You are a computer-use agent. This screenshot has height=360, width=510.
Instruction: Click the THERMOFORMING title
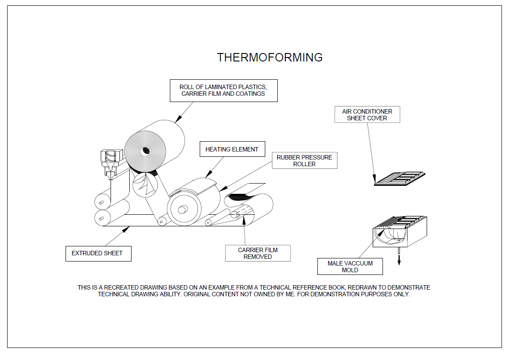(270, 57)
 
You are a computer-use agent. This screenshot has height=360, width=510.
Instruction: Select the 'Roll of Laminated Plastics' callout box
(223, 90)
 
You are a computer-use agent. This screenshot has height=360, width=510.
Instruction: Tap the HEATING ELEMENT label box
(232, 149)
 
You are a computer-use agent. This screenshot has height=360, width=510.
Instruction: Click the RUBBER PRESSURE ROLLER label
(304, 161)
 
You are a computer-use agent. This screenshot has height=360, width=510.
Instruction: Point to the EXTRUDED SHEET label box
(98, 253)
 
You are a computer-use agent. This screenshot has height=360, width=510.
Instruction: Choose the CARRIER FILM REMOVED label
(258, 253)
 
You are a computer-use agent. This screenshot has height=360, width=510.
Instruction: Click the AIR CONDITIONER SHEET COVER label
(367, 115)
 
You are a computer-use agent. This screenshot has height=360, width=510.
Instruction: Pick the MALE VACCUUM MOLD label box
(350, 266)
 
